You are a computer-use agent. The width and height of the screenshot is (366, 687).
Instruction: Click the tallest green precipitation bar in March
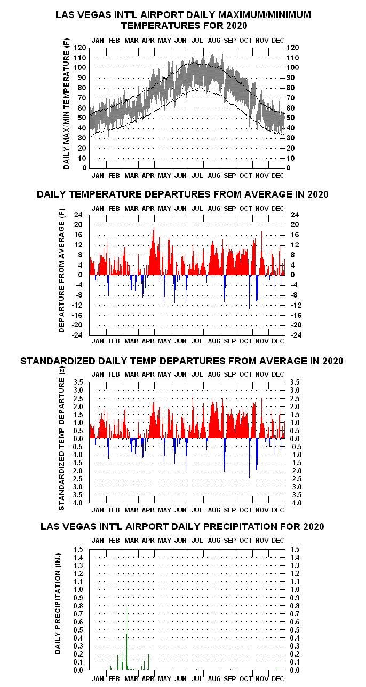click(x=128, y=638)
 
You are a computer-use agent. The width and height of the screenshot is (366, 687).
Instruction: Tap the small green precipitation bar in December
click(x=277, y=668)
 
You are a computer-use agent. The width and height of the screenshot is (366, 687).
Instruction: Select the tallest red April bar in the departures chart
click(x=154, y=251)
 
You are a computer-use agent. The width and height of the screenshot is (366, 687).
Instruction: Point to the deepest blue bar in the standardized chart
click(x=250, y=458)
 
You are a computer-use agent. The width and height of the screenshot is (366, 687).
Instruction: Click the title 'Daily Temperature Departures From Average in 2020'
click(x=182, y=194)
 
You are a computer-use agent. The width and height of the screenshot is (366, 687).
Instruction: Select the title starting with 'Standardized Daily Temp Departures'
click(x=182, y=361)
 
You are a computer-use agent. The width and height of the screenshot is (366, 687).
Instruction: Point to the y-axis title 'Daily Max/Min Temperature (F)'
click(x=66, y=103)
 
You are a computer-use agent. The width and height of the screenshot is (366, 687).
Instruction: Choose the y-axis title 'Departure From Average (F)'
click(x=61, y=270)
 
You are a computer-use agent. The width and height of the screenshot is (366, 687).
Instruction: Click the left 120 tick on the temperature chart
click(x=80, y=48)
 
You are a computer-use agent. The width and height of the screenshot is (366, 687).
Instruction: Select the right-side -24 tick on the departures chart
click(x=296, y=335)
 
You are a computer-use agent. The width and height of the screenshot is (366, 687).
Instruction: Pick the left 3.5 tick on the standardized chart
click(x=78, y=382)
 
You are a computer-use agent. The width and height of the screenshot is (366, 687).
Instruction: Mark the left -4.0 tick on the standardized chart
click(x=77, y=503)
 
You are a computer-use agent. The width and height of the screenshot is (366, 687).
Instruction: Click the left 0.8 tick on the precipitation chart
click(x=78, y=606)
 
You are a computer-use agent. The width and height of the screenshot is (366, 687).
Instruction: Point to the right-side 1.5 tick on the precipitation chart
click(x=295, y=549)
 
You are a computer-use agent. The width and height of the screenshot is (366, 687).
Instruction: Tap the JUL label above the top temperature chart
click(x=197, y=41)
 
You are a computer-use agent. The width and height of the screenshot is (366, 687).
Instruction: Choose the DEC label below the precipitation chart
click(x=278, y=678)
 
